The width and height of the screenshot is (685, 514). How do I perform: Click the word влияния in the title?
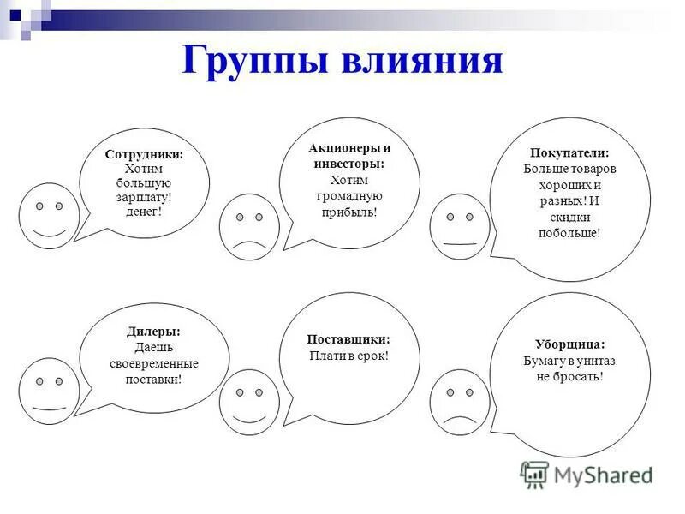click(421, 63)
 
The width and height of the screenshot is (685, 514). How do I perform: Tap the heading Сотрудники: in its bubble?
click(144, 155)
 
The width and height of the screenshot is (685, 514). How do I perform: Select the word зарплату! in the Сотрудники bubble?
click(144, 196)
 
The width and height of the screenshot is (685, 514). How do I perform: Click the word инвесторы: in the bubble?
click(349, 164)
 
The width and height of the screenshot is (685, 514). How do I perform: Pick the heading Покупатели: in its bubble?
click(570, 152)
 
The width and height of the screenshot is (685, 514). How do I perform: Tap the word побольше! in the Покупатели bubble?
click(570, 232)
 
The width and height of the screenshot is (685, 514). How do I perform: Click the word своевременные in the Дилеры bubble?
click(154, 363)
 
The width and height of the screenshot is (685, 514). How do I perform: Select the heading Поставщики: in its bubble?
click(349, 339)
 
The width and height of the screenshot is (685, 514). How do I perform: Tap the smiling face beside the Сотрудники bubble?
click(49, 215)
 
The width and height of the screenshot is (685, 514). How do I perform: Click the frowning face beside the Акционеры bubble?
click(249, 227)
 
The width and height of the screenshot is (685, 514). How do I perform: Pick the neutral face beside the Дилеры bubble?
click(49, 391)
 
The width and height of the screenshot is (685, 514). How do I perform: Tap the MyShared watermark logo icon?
click(534, 474)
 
